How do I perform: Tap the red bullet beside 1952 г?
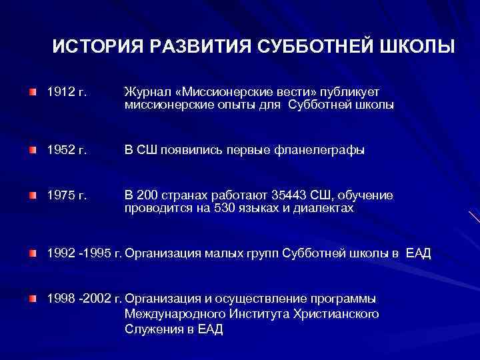[33, 150]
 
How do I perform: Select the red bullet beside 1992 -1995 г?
[33, 253]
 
